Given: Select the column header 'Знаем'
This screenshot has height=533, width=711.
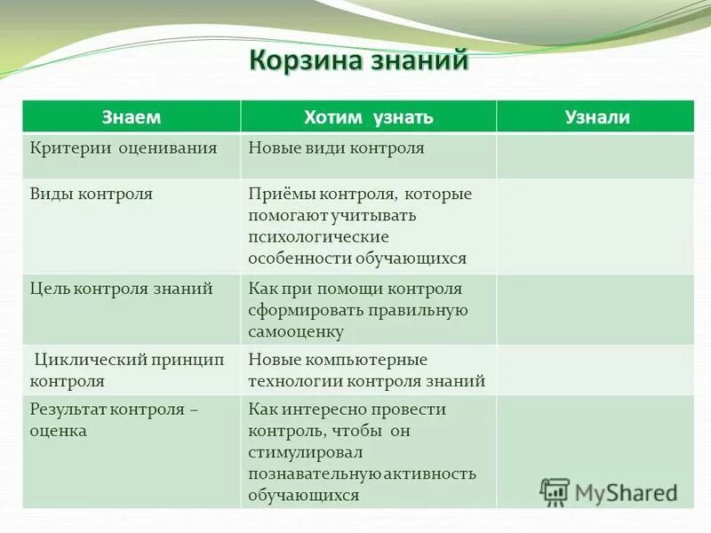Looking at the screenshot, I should click(x=132, y=117).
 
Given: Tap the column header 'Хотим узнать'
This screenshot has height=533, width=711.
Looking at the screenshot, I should click(x=368, y=117).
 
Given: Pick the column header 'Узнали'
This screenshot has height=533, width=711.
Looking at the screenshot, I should click(x=596, y=117).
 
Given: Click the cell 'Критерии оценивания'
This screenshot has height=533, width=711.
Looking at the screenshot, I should click(x=124, y=148).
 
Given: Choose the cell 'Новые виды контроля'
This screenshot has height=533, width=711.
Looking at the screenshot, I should click(x=336, y=148).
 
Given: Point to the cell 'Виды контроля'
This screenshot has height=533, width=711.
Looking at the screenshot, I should click(x=92, y=194).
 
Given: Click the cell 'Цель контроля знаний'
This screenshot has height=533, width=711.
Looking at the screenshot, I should click(x=121, y=289).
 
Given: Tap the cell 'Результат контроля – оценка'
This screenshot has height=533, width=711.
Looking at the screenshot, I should click(x=114, y=419).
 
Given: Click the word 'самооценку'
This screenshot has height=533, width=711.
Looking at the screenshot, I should click(x=296, y=332).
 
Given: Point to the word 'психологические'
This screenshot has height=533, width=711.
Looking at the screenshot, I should click(x=319, y=237).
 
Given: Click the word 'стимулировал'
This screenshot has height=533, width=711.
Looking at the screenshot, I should click(x=304, y=452).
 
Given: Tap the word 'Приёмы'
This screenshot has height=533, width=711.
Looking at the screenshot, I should click(x=278, y=194).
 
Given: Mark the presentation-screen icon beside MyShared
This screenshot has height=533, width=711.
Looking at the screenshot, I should click(x=555, y=491).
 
